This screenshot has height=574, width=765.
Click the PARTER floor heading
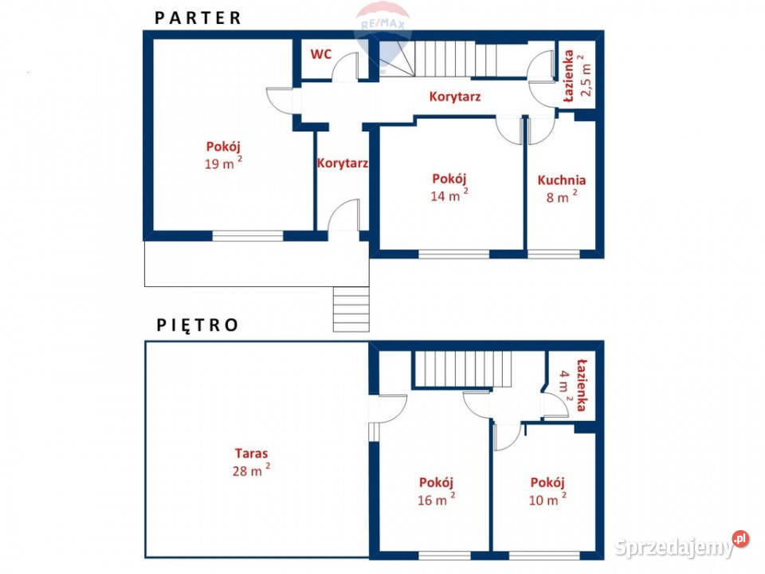(198, 18)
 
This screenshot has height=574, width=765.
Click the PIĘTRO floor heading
(197, 325)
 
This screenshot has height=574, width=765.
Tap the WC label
(321, 54)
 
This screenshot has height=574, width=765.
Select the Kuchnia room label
(562, 180)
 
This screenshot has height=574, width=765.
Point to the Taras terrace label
(251, 454)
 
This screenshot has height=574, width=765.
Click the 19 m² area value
(223, 163)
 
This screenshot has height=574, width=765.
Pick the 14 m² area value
(449, 195)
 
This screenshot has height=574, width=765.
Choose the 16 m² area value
(437, 499)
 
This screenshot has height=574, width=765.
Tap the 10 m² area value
(548, 499)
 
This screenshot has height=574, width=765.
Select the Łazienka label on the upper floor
(581, 385)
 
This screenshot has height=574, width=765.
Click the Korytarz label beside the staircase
(455, 96)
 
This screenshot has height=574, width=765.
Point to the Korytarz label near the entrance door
(343, 163)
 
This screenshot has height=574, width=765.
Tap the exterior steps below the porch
(351, 309)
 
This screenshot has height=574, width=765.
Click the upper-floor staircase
(462, 369)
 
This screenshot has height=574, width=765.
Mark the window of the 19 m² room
(248, 236)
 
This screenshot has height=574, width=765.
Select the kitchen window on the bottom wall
(554, 254)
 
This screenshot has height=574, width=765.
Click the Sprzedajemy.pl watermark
(681, 546)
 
